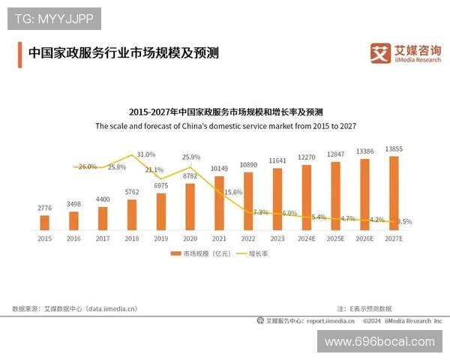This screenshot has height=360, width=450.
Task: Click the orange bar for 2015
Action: (44, 222)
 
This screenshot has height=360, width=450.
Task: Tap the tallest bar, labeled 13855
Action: (394, 193)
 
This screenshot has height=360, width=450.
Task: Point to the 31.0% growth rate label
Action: (146, 154)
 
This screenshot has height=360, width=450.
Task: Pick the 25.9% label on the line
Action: (191, 157)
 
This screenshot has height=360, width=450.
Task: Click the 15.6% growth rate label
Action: (233, 192)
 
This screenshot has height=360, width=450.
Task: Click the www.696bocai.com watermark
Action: (379, 341)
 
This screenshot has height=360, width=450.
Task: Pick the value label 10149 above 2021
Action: (219, 168)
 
